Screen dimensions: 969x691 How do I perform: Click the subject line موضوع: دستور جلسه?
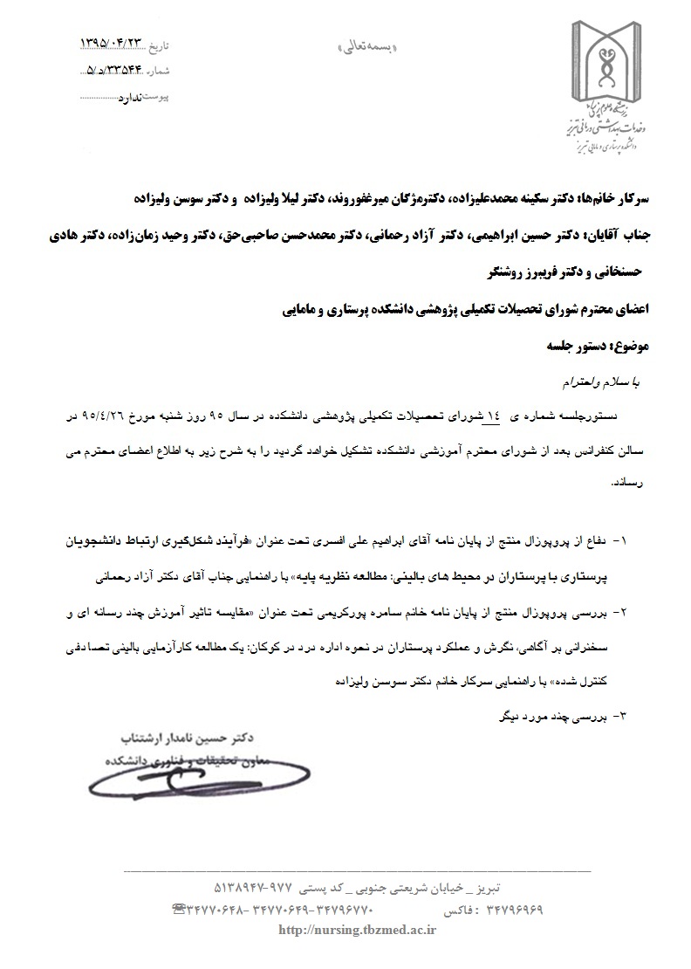604,347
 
